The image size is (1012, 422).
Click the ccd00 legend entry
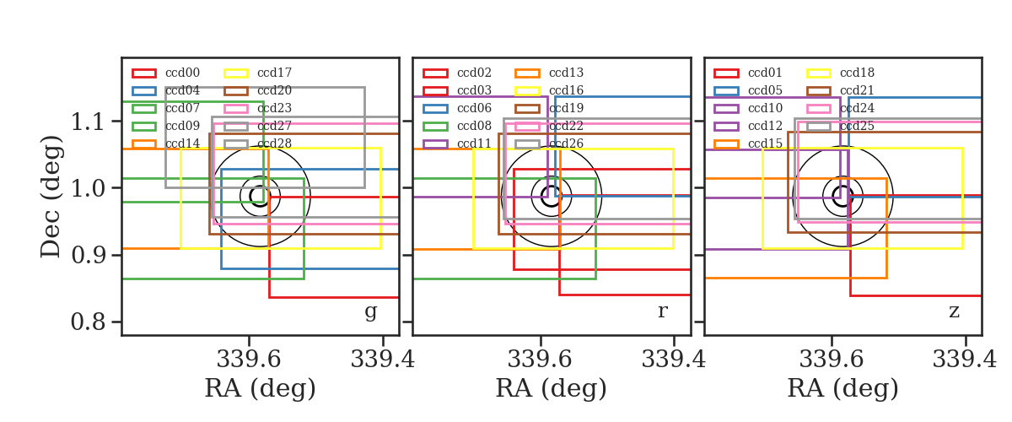tap(182, 73)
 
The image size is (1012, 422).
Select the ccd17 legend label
tap(275, 73)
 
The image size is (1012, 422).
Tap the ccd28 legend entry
tap(275, 143)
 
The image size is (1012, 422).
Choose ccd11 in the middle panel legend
tap(474, 143)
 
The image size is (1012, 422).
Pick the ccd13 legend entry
tap(567, 73)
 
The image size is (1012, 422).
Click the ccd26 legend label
tap(567, 143)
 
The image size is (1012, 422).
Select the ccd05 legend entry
tap(766, 90)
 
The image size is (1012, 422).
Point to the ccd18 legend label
tap(858, 73)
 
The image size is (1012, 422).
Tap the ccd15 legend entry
tap(766, 143)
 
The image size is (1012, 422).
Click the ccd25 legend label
tap(858, 126)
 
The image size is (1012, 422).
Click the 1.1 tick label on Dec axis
tap(88, 122)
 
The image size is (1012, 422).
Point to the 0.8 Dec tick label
tap(88, 322)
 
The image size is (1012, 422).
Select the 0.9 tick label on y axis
tap(88, 255)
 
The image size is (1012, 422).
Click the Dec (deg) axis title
tap(51, 197)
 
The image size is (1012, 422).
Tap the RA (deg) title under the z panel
tap(843, 388)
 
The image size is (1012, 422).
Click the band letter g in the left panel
tap(370, 312)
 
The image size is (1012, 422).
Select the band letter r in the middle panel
tap(662, 311)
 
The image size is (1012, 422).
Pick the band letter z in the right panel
tap(954, 311)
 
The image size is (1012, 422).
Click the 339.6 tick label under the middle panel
tap(540, 360)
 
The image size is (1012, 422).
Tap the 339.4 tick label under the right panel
tap(965, 360)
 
